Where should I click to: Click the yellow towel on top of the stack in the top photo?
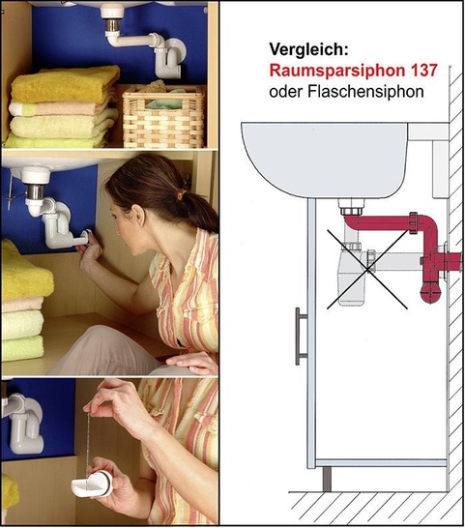(x=63, y=84)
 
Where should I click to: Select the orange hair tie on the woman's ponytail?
(x=180, y=194)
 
